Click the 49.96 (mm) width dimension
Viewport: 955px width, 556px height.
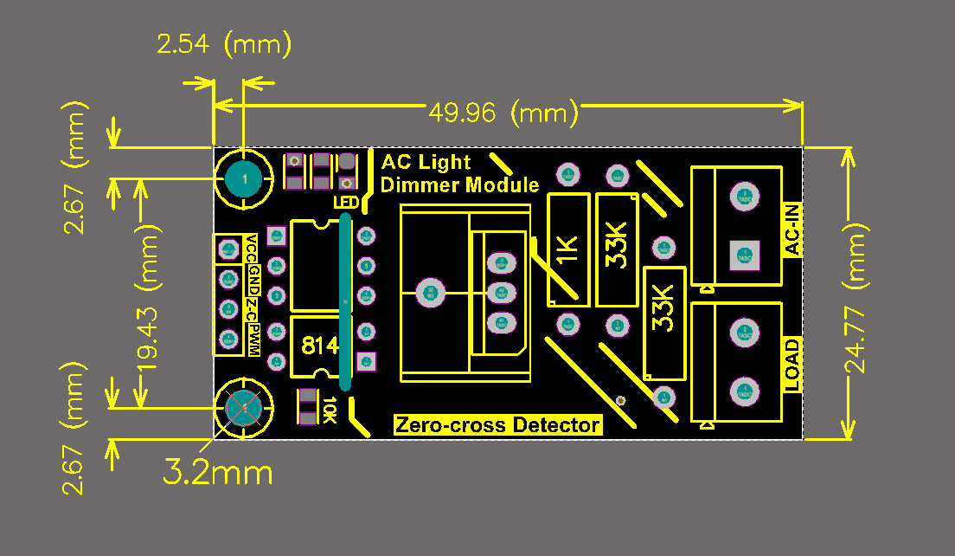click(x=503, y=113)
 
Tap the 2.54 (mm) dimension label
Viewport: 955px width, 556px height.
click(x=223, y=44)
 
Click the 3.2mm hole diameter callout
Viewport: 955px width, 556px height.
click(x=218, y=473)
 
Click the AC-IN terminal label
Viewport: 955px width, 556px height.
click(x=792, y=229)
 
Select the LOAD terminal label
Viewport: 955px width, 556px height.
click(x=792, y=364)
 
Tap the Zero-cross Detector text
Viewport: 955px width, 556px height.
click(x=497, y=425)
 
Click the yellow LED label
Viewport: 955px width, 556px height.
click(x=345, y=203)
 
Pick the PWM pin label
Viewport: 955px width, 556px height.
click(x=253, y=339)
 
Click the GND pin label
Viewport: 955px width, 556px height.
click(x=253, y=279)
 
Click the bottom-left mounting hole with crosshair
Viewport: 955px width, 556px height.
click(x=244, y=407)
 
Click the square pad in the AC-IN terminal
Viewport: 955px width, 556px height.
click(x=743, y=254)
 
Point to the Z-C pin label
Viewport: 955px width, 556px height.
click(x=253, y=308)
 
